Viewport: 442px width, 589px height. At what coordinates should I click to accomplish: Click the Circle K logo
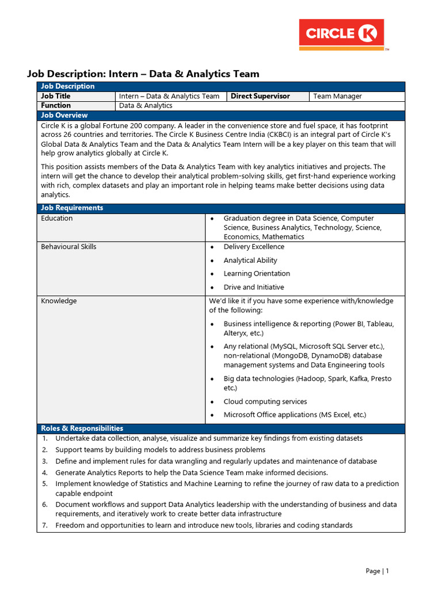click(341, 35)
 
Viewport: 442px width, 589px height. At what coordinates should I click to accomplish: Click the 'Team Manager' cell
click(337, 97)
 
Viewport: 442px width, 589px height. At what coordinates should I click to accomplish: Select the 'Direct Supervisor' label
click(260, 97)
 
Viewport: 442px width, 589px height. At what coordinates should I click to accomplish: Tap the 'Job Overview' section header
click(64, 116)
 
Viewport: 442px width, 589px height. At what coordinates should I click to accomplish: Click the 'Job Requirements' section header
click(72, 208)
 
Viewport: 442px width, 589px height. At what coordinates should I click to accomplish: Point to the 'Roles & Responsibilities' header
click(82, 429)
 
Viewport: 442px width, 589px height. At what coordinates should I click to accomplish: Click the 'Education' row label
click(57, 219)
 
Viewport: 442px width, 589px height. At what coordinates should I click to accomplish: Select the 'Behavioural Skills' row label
click(68, 247)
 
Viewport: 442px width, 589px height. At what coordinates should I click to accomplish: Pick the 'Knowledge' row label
click(59, 301)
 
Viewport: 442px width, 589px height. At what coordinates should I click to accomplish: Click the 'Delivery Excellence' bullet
click(254, 247)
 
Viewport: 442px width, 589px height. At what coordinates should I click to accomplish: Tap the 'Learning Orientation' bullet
click(257, 274)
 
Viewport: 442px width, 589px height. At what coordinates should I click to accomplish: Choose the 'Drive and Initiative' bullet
click(254, 287)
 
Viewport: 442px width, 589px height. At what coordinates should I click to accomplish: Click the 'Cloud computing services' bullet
click(265, 401)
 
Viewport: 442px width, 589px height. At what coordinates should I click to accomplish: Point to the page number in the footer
click(378, 571)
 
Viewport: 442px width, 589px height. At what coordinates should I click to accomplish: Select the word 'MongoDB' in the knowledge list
click(281, 355)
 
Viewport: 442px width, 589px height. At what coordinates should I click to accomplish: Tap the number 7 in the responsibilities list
click(44, 525)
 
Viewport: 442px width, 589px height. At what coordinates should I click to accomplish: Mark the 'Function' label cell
click(56, 106)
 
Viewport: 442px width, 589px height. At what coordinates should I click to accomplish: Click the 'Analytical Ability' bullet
click(250, 261)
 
